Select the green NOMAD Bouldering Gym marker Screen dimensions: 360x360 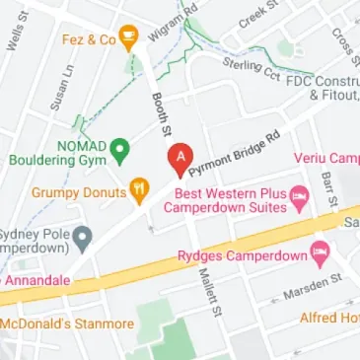click(x=119, y=150)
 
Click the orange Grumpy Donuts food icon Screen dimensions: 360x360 click(x=140, y=191)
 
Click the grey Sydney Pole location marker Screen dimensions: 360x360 click(x=84, y=238)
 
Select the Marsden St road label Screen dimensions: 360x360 click(x=311, y=286)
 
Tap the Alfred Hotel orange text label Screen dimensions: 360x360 click(x=329, y=319)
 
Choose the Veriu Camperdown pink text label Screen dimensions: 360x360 click(x=326, y=159)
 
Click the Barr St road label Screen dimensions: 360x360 click(x=327, y=188)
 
